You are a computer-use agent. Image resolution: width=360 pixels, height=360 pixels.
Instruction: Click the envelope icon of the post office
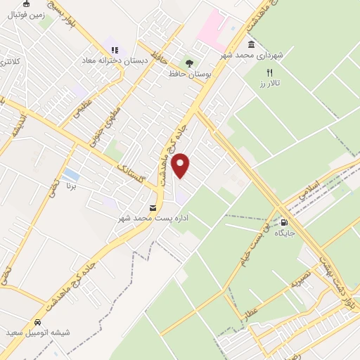(153, 207)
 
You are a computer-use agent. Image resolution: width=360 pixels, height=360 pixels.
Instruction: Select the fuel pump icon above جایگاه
(284, 221)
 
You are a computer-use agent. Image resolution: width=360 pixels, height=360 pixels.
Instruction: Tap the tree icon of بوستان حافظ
(188, 62)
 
